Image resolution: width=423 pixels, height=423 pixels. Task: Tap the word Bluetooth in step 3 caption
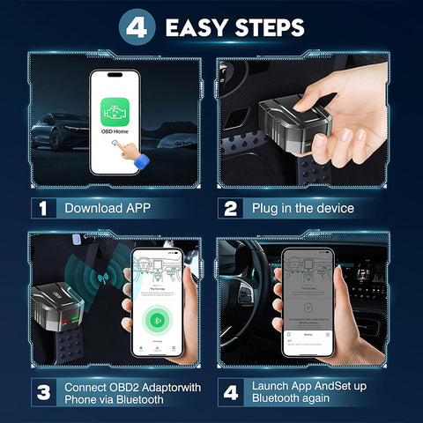pyautogui.click(x=141, y=400)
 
